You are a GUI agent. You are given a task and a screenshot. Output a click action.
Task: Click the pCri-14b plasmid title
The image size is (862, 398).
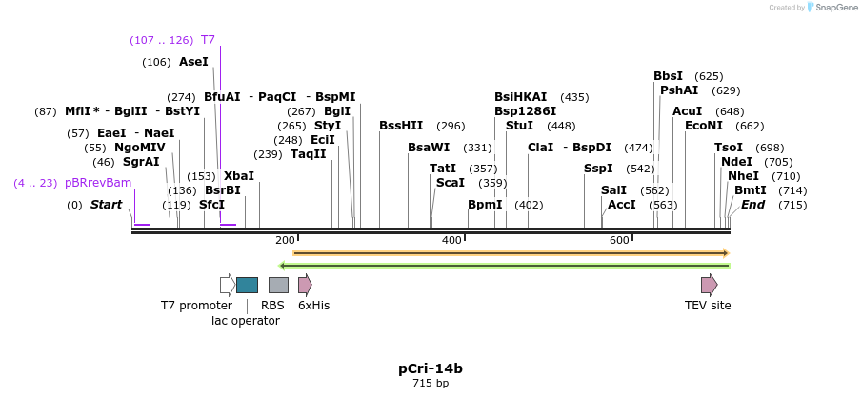431,368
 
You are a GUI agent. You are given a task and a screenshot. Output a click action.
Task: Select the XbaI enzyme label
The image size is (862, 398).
238,176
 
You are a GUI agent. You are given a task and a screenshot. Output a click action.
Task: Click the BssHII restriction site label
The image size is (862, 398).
401,126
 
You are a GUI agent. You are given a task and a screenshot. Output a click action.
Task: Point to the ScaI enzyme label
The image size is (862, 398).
450,183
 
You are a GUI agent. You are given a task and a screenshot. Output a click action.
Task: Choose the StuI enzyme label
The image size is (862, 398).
519,126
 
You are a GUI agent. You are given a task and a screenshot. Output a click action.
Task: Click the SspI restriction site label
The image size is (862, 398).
598,169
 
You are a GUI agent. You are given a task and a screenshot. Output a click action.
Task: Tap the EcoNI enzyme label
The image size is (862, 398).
704,126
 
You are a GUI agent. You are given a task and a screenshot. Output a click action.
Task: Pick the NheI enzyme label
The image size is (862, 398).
743,176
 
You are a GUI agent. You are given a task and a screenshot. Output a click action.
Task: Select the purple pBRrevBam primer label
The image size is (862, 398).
98,183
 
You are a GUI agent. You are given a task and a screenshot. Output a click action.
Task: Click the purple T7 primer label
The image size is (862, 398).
208,40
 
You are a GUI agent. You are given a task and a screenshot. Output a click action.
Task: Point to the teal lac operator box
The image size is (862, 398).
247,285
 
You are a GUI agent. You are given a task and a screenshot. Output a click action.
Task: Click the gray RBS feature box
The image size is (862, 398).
278,285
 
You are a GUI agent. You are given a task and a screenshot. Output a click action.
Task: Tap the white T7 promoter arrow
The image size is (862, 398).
228,285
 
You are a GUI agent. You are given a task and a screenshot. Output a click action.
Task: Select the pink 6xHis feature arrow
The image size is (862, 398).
305,285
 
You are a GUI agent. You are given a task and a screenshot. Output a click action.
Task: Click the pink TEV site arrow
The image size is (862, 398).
709,285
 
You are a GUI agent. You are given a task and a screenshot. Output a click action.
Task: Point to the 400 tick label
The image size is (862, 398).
451,240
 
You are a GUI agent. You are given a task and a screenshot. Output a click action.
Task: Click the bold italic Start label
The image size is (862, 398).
106,205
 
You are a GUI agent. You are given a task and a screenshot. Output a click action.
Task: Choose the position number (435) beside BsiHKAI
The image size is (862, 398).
574,97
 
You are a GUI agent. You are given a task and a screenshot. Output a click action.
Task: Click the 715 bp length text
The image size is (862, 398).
431,384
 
